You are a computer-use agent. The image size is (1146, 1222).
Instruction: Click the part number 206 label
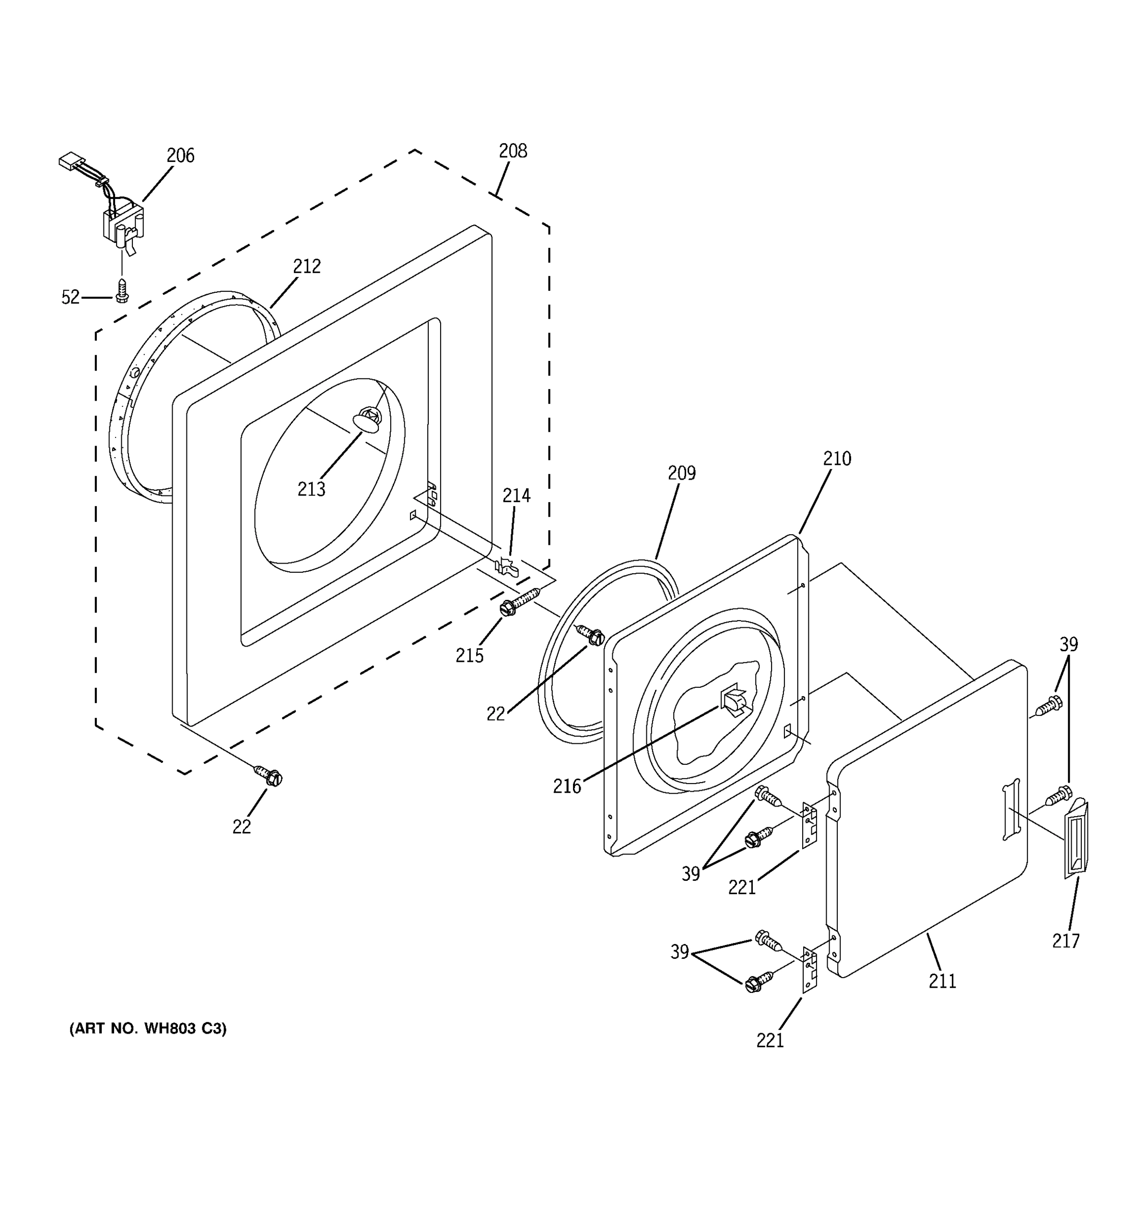pyautogui.click(x=180, y=155)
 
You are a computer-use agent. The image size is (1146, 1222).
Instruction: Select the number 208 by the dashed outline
pyautogui.click(x=513, y=151)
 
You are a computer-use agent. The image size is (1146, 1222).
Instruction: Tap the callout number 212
pyautogui.click(x=306, y=266)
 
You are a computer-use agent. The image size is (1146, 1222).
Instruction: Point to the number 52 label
pyautogui.click(x=71, y=297)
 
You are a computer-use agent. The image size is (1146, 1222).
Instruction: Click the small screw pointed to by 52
pyautogui.click(x=122, y=291)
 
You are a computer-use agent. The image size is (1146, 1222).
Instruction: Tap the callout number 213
pyautogui.click(x=311, y=489)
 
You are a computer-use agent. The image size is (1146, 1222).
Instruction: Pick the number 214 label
pyautogui.click(x=516, y=495)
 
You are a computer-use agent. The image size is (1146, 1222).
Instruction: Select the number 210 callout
pyautogui.click(x=837, y=459)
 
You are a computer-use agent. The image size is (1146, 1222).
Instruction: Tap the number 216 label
pyautogui.click(x=567, y=786)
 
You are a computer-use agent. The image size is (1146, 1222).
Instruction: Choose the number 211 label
pyautogui.click(x=942, y=981)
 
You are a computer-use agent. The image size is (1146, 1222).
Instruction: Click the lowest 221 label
pyautogui.click(x=770, y=1040)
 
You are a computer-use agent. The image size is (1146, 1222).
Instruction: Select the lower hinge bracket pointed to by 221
pyautogui.click(x=810, y=969)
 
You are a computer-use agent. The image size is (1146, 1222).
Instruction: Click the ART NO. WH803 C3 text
pyautogui.click(x=148, y=1029)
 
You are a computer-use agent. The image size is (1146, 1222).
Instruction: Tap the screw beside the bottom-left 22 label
pyautogui.click(x=268, y=776)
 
